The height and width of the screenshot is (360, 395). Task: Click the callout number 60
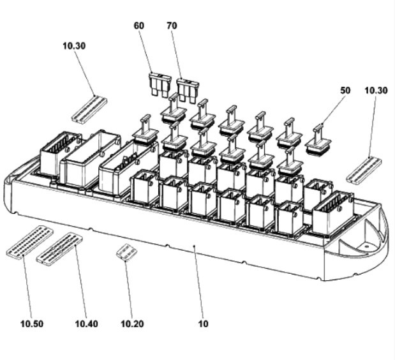pos(139,26)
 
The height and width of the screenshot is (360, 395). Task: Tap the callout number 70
pos(172,26)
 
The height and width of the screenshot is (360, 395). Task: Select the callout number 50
pos(345,91)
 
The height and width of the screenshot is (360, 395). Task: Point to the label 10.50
pos(32,324)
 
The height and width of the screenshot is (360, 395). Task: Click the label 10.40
pos(87,324)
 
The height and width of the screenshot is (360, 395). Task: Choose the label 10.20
pos(133,324)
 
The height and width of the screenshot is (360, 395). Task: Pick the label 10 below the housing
pos(204,324)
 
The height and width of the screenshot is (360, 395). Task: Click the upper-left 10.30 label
pos(74,46)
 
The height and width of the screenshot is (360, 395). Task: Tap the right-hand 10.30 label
pos(376,91)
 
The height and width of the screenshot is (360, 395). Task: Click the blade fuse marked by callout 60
pos(160,84)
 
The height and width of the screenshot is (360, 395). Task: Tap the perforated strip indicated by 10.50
pos(30,242)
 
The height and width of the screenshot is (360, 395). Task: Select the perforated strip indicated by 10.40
pos(59,249)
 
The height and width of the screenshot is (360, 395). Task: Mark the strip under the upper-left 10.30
pos(89,110)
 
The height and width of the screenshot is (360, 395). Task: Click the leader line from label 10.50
pos(27,287)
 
